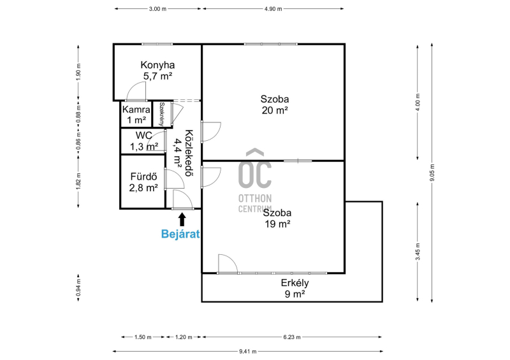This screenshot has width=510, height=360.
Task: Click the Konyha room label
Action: (157, 70)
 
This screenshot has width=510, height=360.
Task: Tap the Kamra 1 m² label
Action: (136, 115)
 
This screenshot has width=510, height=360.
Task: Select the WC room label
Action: (144, 141)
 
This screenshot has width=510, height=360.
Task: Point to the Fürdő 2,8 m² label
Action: (143, 182)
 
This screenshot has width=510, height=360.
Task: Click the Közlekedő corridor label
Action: (183, 153)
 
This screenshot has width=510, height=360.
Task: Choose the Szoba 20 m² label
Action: (275, 104)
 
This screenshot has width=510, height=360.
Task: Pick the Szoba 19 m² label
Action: (277, 218)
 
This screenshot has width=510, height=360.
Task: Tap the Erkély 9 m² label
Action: (295, 289)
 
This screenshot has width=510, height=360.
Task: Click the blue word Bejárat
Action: (180, 234)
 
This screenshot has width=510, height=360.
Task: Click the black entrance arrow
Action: (182, 219)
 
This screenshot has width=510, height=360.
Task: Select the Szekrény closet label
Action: (162, 114)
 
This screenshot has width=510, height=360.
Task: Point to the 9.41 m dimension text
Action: (248, 351)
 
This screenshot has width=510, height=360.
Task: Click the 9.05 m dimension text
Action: (432, 173)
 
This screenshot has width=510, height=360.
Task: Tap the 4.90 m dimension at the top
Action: (273, 9)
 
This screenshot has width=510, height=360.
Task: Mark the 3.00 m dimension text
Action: (157, 9)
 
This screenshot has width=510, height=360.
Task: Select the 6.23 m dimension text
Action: (292, 337)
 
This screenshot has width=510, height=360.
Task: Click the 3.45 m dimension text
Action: (418, 252)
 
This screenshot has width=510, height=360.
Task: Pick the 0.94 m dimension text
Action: (78, 288)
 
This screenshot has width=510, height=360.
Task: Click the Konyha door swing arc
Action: (136, 91)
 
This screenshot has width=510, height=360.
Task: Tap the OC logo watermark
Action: (255, 180)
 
